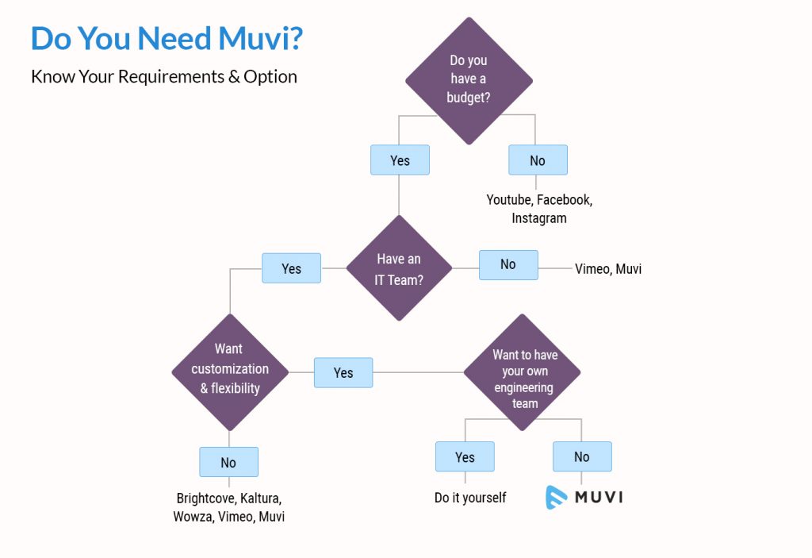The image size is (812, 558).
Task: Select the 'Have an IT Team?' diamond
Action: click(399, 268)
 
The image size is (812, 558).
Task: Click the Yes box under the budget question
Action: click(400, 160)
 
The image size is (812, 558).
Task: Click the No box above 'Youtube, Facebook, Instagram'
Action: click(538, 160)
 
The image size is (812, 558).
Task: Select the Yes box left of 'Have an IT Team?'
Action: click(292, 268)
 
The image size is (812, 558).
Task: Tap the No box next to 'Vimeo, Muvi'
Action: click(508, 264)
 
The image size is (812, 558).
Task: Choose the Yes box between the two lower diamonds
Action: click(343, 372)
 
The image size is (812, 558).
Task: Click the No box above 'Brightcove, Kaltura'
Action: click(228, 462)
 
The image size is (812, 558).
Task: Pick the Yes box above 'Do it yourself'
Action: click(465, 456)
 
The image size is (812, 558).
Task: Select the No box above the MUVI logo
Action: click(582, 456)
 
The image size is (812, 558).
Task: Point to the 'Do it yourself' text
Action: click(470, 498)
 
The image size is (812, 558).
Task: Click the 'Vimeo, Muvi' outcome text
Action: click(608, 269)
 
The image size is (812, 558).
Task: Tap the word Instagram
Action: click(539, 217)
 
